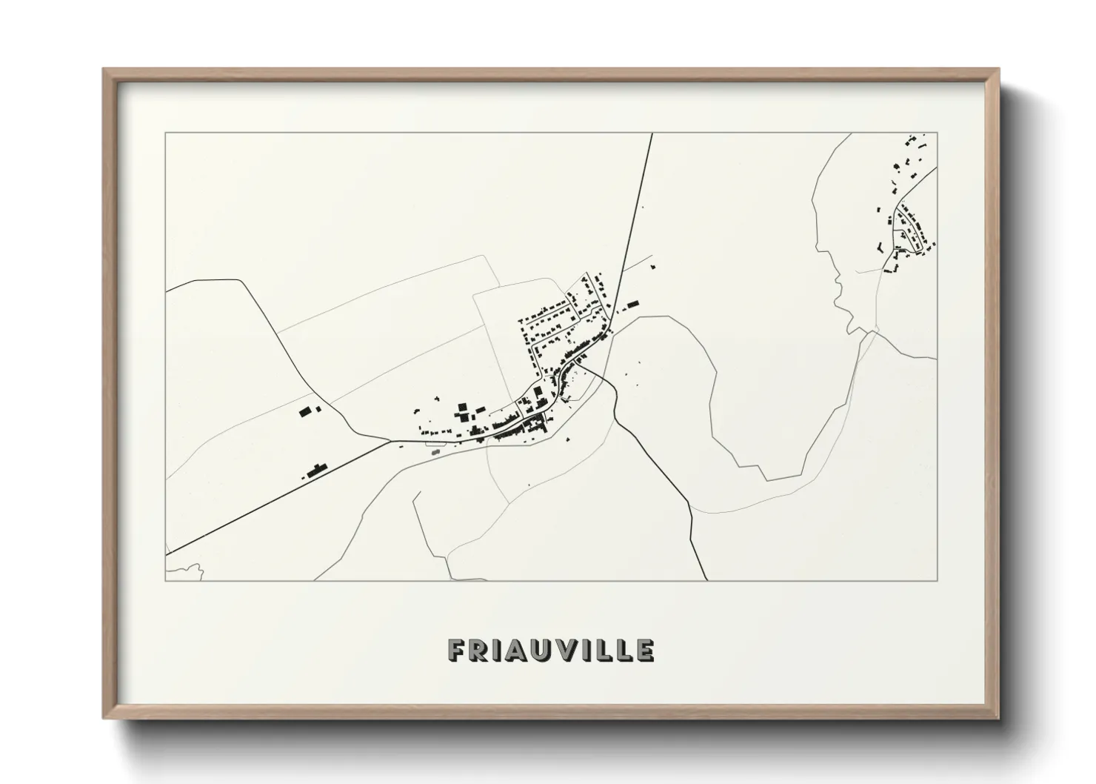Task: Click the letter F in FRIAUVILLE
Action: click(457, 651)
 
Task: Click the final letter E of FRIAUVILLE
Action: click(644, 651)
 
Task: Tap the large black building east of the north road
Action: click(632, 303)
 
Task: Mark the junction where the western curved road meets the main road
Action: click(390, 441)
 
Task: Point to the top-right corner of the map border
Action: click(937, 133)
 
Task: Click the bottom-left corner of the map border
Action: click(165, 580)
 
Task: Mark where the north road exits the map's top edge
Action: click(652, 134)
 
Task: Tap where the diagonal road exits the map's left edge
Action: click(167, 554)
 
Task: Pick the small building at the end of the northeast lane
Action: click(652, 263)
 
